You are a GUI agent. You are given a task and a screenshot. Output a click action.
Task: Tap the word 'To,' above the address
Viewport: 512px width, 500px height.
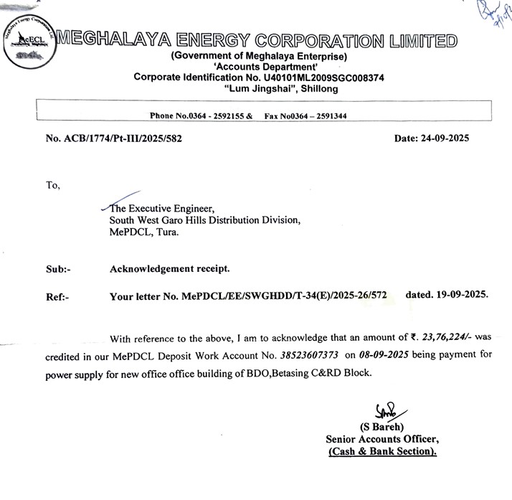tap(54, 185)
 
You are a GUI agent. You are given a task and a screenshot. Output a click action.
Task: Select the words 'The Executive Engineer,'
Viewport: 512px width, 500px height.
tap(157, 209)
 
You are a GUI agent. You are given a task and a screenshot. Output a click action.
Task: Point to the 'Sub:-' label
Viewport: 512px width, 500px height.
tap(58, 269)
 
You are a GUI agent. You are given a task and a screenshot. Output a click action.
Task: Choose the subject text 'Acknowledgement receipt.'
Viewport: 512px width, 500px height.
tap(169, 269)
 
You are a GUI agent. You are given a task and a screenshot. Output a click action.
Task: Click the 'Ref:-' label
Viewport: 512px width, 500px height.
tap(57, 296)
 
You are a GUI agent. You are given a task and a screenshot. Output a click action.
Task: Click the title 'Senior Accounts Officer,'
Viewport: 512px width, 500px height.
tap(381, 439)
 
